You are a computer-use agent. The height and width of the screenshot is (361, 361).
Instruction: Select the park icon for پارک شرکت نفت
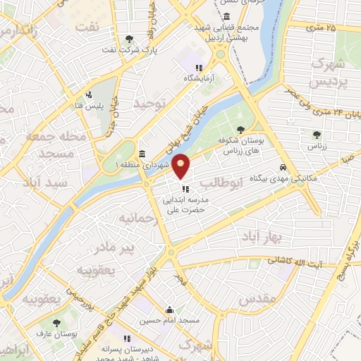click(x=128, y=39)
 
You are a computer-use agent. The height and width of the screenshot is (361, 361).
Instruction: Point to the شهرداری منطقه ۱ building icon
click(x=142, y=154)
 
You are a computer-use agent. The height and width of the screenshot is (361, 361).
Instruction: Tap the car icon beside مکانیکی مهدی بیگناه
click(x=282, y=168)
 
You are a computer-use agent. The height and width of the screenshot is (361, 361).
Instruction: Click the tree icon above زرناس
click(x=315, y=134)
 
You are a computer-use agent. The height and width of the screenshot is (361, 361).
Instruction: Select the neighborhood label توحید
click(x=154, y=104)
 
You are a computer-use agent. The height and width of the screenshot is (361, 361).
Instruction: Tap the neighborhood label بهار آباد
click(x=259, y=233)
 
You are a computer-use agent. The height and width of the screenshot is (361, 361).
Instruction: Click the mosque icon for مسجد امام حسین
click(x=169, y=309)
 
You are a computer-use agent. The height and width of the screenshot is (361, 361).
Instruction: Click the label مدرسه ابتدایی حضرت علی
click(x=185, y=204)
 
